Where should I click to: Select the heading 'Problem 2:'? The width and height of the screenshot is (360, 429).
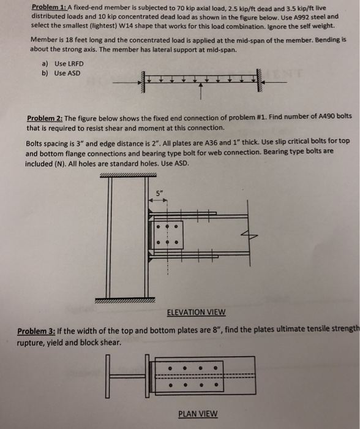pyautogui.click(x=45, y=118)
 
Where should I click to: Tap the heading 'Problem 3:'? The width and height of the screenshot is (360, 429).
pyautogui.click(x=36, y=332)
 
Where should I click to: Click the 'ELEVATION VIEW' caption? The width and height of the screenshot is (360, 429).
pyautogui.click(x=197, y=312)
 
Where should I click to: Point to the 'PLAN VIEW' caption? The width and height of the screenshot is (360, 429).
pyautogui.click(x=198, y=414)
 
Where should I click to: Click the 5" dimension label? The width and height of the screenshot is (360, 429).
pyautogui.click(x=159, y=194)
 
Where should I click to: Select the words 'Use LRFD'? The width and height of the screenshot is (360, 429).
pyautogui.click(x=69, y=64)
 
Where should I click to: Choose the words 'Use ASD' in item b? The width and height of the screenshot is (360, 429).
pyautogui.click(x=67, y=74)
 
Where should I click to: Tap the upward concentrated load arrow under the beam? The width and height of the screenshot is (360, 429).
pyautogui.click(x=201, y=91)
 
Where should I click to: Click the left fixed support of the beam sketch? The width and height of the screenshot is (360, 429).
pyautogui.click(x=142, y=82)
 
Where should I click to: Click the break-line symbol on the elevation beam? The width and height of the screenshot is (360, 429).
pyautogui.click(x=249, y=235)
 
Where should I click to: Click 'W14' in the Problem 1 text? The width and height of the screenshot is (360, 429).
pyautogui.click(x=126, y=26)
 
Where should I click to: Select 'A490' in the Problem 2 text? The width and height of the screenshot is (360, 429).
pyautogui.click(x=327, y=116)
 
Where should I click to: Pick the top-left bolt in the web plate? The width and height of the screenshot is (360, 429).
pyautogui.click(x=158, y=227)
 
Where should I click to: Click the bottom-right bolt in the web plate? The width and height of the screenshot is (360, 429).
pyautogui.click(x=176, y=242)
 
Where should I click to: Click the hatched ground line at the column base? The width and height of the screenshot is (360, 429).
pyautogui.click(x=125, y=300)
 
